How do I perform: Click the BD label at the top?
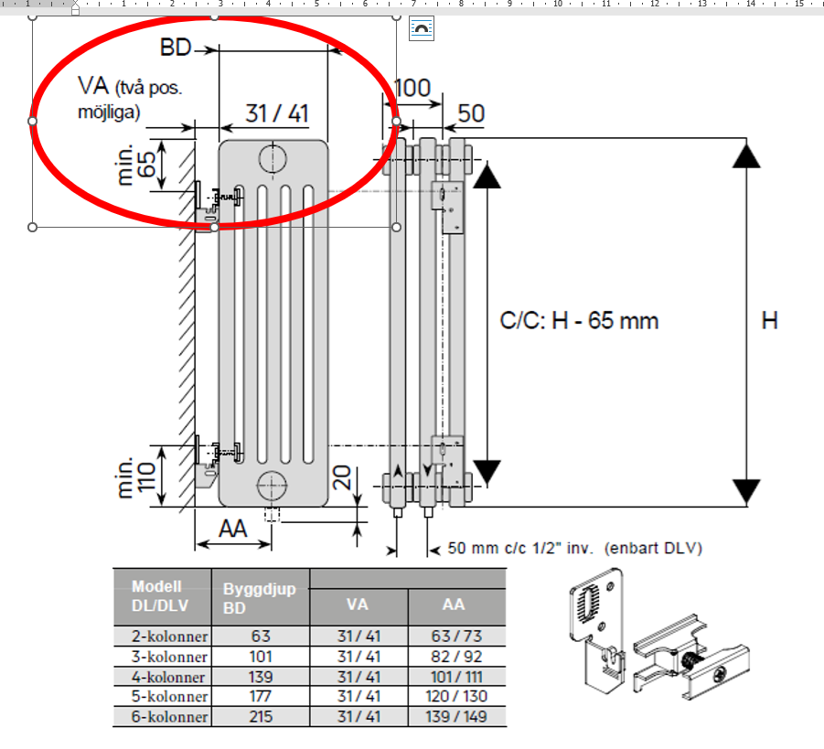pos(176,48)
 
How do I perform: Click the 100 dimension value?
pos(413,88)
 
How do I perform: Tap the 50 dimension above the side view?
pos(471,113)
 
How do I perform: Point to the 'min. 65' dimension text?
pos(136,165)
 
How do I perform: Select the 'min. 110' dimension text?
pos(136,476)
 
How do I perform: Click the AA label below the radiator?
pos(233,529)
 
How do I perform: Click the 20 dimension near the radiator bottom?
pos(342,477)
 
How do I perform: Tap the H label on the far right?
pos(770,321)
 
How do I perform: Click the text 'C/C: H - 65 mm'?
pos(579,321)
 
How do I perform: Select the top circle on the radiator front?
pos(273,158)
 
